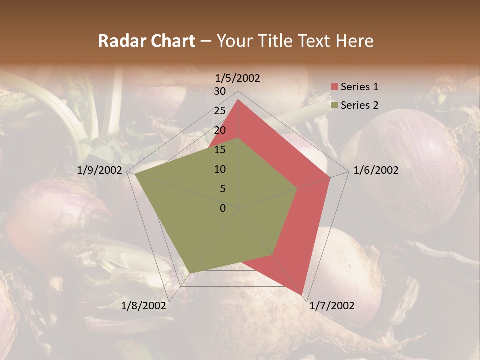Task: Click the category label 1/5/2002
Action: [238, 78]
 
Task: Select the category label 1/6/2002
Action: [376, 170]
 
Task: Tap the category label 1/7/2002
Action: [332, 306]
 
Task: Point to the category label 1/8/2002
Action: [144, 306]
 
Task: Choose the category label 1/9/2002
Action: [100, 170]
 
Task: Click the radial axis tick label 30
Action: [220, 91]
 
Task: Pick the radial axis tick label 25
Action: [220, 111]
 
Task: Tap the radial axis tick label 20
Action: [220, 130]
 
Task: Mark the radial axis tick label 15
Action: [220, 150]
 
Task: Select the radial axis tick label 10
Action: [220, 169]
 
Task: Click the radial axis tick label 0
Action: [223, 208]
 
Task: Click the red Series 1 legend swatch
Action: [335, 87]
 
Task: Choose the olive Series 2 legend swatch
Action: [335, 105]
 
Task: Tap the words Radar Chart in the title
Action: [146, 41]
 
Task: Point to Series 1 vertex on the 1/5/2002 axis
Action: [238, 99]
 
